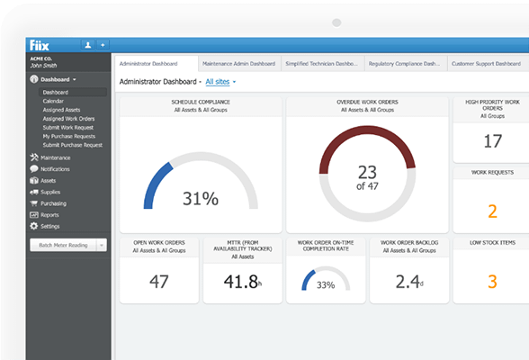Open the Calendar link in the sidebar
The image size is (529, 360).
point(53,101)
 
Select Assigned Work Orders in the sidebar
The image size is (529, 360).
point(68,118)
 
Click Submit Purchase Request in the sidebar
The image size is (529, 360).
point(72,144)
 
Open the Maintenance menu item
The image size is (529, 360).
point(55,157)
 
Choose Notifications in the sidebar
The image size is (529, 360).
point(55,169)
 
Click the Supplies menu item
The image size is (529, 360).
point(50,192)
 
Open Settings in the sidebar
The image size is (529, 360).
point(50,226)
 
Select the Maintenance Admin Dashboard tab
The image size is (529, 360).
point(238,64)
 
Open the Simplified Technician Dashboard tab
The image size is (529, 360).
point(320,64)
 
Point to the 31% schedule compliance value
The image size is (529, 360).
point(201,199)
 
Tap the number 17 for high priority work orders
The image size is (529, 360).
point(492,141)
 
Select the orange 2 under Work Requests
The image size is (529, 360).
point(492,211)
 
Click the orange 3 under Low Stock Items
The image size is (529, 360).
point(492,282)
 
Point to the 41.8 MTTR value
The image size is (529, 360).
point(241,282)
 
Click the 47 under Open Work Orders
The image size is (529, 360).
point(159,282)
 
